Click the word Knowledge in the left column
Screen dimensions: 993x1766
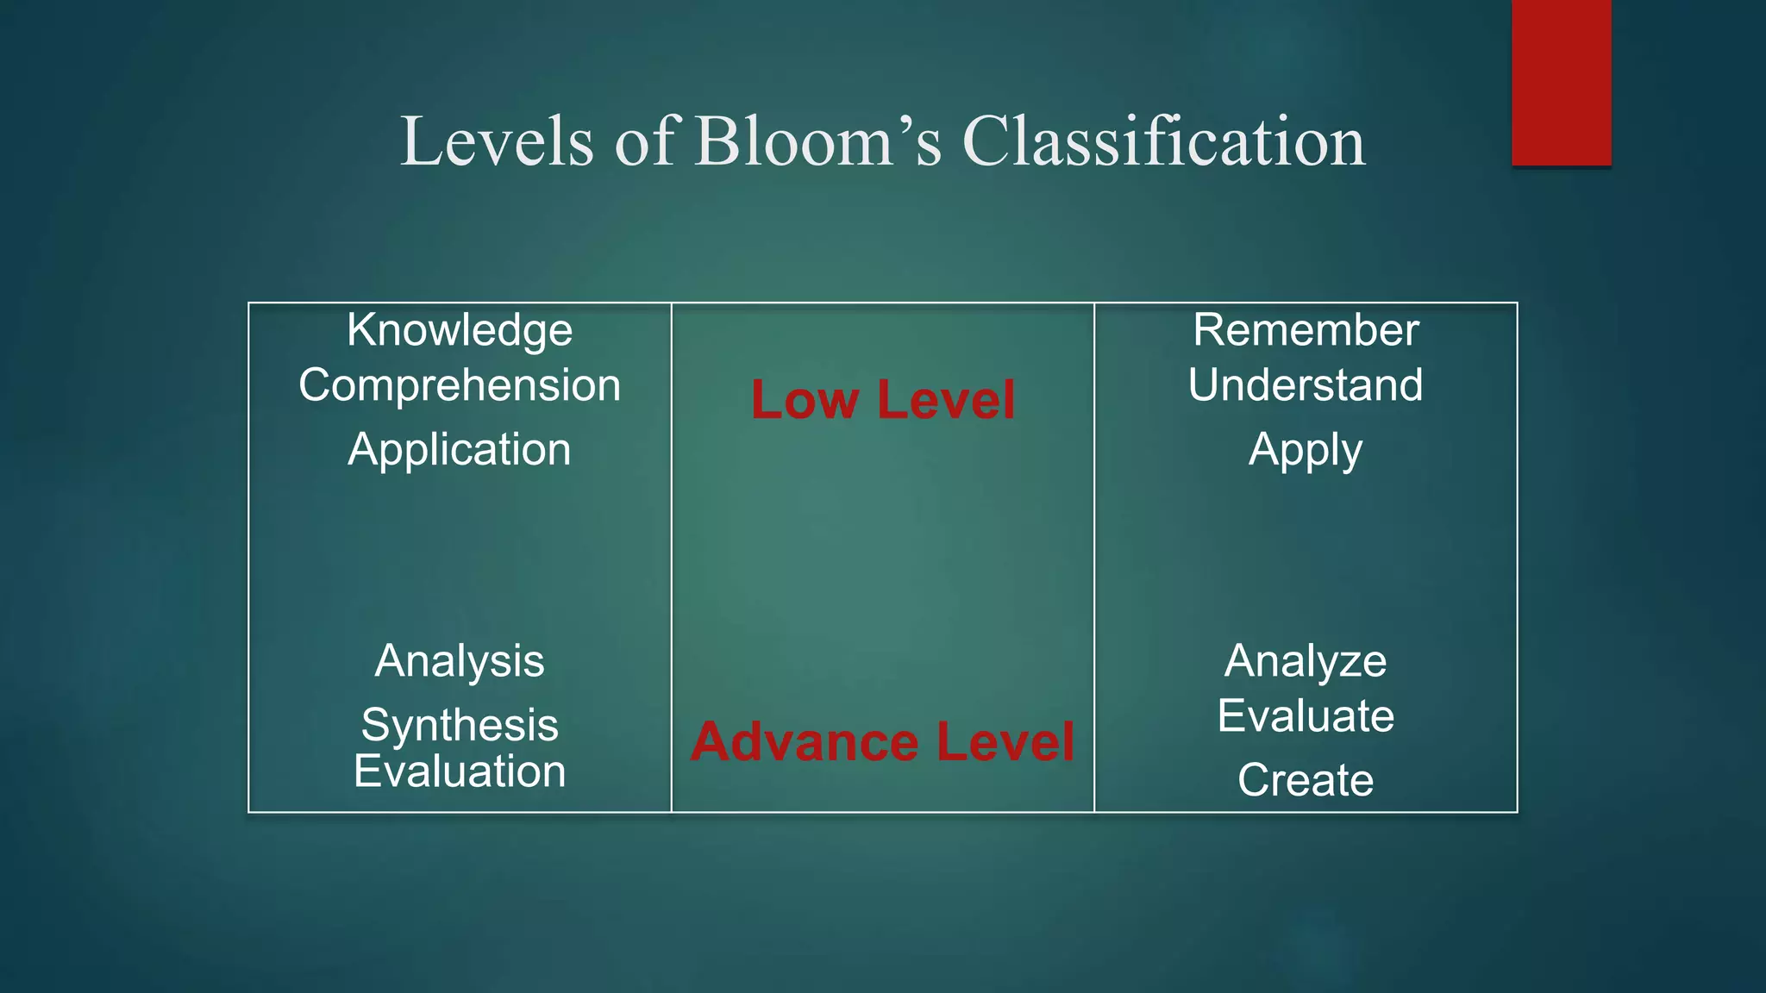click(x=460, y=331)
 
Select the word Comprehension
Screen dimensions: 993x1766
click(x=460, y=385)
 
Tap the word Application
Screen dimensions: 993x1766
click(x=460, y=450)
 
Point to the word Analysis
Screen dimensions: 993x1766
click(x=460, y=661)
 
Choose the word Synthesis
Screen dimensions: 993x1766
click(x=460, y=725)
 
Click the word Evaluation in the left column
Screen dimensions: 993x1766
click(x=460, y=771)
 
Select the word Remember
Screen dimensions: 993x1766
click(x=1306, y=330)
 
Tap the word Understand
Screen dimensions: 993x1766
click(x=1306, y=384)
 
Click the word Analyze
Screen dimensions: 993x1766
click(x=1306, y=662)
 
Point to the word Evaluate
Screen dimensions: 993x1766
click(x=1306, y=716)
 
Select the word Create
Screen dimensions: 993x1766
click(x=1306, y=780)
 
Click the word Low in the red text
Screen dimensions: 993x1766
click(x=805, y=400)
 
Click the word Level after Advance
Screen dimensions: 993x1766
click(x=1005, y=742)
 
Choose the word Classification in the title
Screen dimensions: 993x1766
click(x=1163, y=141)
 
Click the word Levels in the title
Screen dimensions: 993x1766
click(x=498, y=141)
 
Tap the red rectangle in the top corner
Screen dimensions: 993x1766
click(x=1561, y=83)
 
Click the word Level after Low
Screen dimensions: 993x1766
click(x=946, y=400)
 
